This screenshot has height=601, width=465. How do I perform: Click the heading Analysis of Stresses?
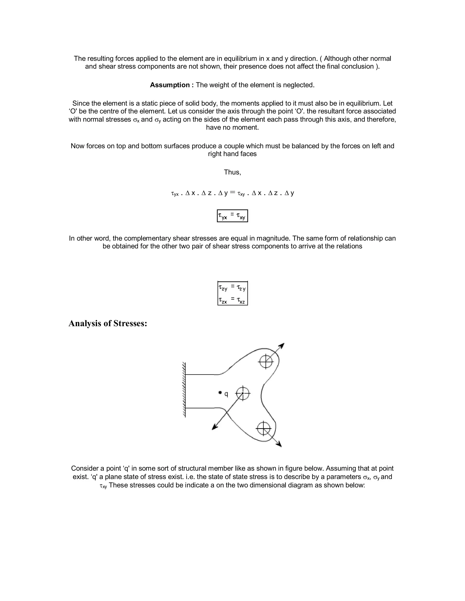[108, 323]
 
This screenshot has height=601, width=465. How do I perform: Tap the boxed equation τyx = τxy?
[232, 216]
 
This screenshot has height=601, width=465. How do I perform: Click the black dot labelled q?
[220, 392]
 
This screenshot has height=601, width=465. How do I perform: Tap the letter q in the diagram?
[226, 394]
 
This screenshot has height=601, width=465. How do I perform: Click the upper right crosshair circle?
[266, 361]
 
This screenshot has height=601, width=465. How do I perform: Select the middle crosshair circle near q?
[243, 393]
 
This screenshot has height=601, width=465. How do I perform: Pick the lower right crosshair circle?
[264, 428]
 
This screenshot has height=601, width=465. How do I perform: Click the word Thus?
[232, 172]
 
